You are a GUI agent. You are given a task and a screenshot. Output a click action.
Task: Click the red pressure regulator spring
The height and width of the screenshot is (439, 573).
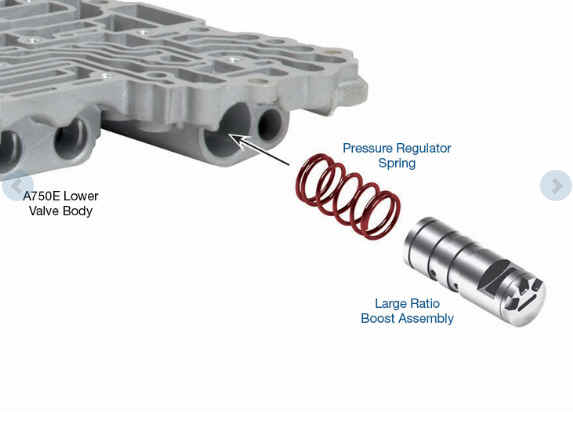coord(348,197)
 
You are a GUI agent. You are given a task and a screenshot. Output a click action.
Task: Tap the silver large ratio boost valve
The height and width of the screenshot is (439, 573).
coord(475,271)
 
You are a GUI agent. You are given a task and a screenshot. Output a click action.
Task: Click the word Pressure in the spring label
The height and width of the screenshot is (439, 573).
coord(368,148)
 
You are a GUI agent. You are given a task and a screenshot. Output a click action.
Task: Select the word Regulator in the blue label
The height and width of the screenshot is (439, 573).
coord(424,149)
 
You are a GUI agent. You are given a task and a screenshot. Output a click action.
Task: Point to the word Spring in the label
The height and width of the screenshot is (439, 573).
coord(397,163)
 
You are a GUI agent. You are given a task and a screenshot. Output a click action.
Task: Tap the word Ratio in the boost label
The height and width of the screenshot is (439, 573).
coord(425,303)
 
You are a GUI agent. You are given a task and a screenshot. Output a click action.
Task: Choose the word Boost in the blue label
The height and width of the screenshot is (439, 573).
coord(377,318)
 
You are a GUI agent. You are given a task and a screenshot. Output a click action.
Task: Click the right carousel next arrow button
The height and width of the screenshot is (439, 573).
coord(556,185)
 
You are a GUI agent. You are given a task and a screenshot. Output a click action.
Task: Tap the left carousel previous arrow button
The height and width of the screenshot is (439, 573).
coord(17,186)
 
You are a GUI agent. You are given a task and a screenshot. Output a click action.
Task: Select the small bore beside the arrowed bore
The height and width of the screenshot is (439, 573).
coord(270,125)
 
